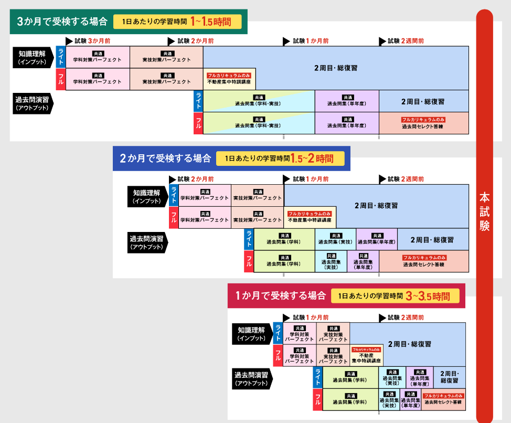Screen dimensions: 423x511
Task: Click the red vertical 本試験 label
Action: [x=485, y=211]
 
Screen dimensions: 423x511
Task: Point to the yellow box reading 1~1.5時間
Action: [x=177, y=22]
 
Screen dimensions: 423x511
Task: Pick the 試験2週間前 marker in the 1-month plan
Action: [x=401, y=318]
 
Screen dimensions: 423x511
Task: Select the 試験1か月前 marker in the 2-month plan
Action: [x=306, y=179]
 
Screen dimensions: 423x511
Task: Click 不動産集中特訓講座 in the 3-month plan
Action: [x=229, y=79]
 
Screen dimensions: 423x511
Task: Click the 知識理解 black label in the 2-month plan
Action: [x=146, y=196]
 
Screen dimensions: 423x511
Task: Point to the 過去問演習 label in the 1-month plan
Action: [x=251, y=378]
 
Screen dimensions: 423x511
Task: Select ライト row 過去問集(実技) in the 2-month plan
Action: [x=335, y=239]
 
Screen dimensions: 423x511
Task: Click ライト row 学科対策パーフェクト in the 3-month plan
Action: [x=97, y=57]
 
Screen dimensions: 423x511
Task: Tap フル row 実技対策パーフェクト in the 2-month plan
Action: [x=257, y=217]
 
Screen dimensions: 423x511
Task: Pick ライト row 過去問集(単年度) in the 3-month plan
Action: [x=347, y=101]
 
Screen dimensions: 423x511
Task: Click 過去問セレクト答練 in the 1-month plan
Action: [x=443, y=399]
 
